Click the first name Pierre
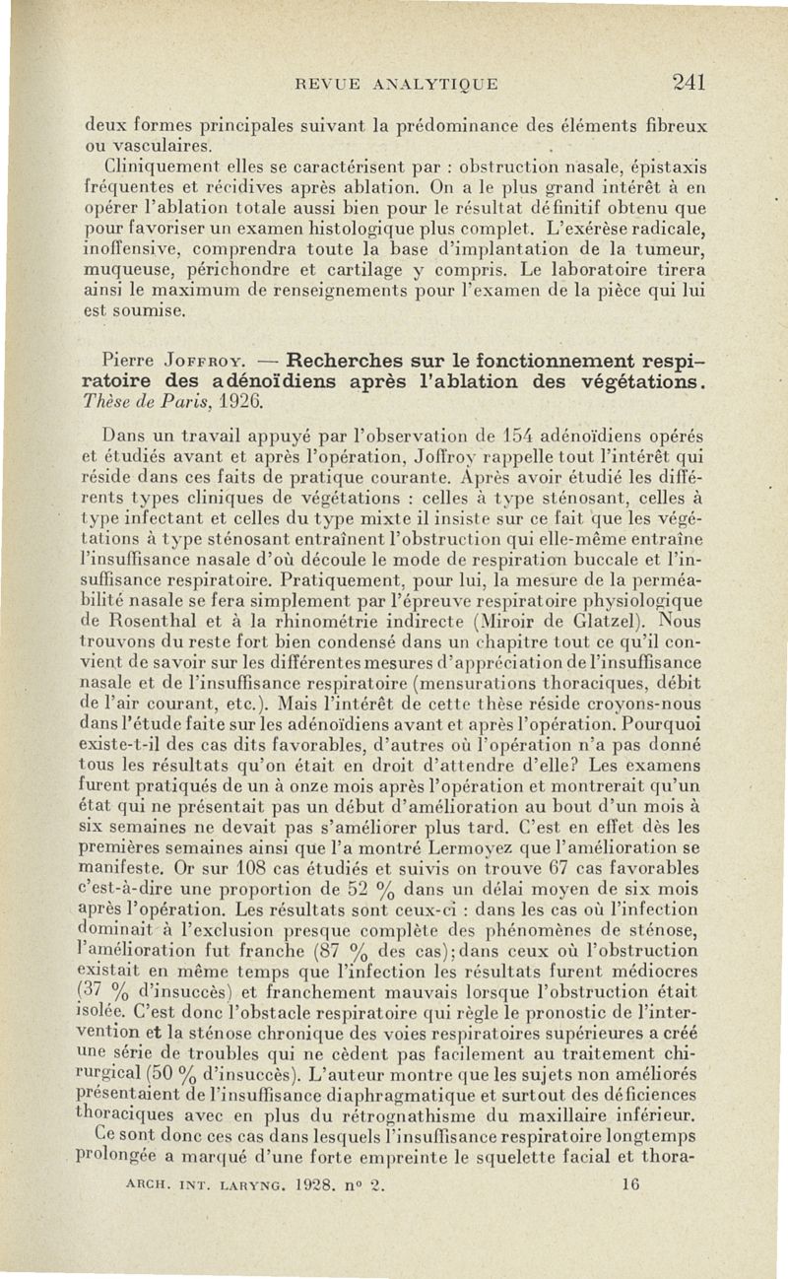pos(133,357)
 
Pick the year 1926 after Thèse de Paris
pos(241,402)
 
